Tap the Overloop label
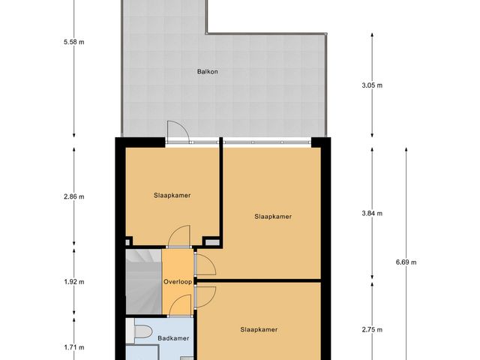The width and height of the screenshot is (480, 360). (x=177, y=282)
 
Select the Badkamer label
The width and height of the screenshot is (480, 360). (x=174, y=338)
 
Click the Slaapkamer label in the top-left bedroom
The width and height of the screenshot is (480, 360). (x=172, y=196)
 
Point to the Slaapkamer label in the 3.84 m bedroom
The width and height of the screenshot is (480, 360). (x=272, y=217)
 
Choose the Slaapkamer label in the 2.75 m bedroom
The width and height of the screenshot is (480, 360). (x=259, y=329)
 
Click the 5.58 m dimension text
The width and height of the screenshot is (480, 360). (x=73, y=42)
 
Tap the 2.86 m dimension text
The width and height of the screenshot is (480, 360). (x=73, y=196)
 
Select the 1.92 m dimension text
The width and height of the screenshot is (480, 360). (x=73, y=283)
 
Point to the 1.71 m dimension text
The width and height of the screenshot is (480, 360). (x=73, y=347)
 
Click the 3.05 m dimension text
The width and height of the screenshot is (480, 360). (x=372, y=85)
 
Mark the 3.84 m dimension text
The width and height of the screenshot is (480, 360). (x=372, y=214)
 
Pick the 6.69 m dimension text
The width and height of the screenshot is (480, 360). (x=406, y=262)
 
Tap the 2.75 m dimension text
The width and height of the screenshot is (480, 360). (x=372, y=329)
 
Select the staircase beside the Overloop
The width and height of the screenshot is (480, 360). (x=142, y=282)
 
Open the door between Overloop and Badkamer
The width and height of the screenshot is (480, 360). (x=180, y=307)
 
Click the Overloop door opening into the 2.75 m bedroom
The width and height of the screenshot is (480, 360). (x=204, y=296)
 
